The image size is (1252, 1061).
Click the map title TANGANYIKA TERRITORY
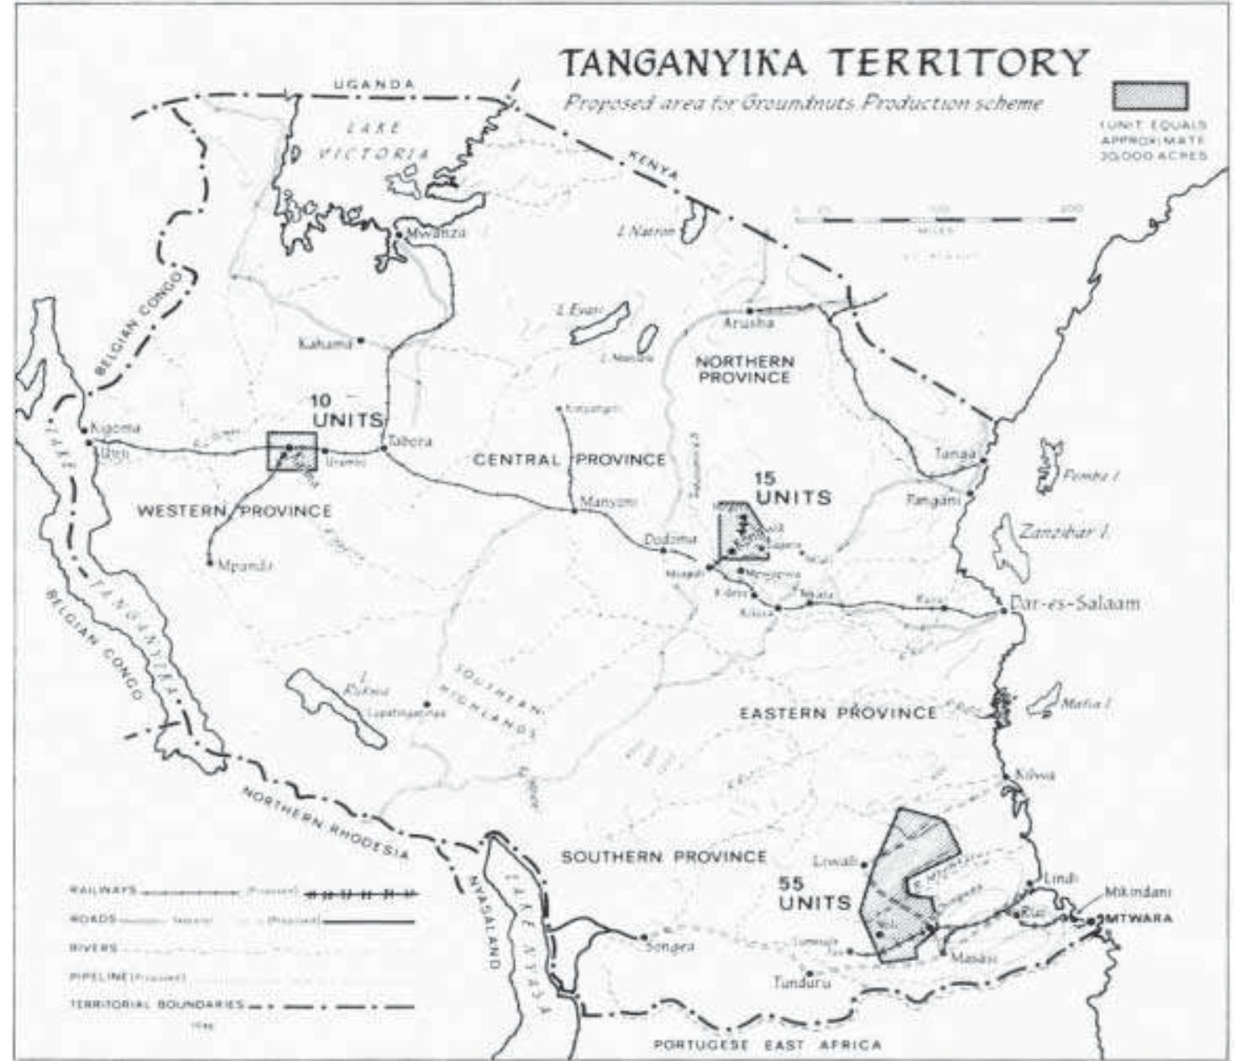tap(825, 64)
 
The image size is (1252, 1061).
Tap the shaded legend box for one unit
tap(1150, 96)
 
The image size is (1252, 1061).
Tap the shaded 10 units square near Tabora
tap(291, 451)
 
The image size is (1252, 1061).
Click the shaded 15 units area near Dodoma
tap(741, 533)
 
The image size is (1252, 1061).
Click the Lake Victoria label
tap(373, 140)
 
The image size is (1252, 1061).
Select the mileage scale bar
tap(935, 220)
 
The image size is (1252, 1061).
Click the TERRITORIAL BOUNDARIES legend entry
tap(155, 1005)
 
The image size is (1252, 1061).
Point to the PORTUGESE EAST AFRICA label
tap(767, 1045)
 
